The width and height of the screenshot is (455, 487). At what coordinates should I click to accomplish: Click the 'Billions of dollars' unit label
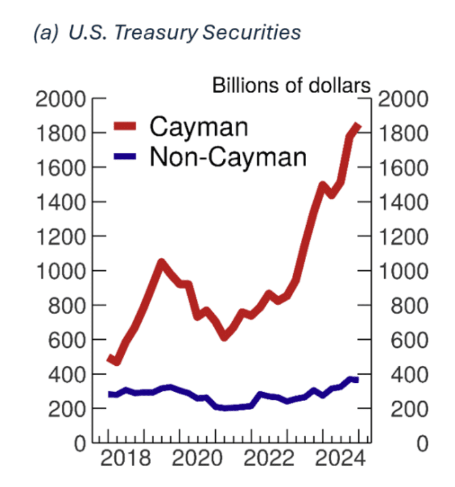point(292,85)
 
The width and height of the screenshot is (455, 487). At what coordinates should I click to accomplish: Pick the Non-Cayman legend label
point(227,156)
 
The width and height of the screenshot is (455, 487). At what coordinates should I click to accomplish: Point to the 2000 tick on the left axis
point(60,100)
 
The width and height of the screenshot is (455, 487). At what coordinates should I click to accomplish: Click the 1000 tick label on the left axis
point(60,271)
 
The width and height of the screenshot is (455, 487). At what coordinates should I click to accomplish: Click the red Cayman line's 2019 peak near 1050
point(161,262)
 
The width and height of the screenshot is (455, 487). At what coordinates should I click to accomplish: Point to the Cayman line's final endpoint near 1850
point(357,126)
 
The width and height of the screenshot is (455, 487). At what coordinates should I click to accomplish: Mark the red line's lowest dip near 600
point(224,337)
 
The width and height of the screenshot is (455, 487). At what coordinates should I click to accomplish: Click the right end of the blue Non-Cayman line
point(356,380)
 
